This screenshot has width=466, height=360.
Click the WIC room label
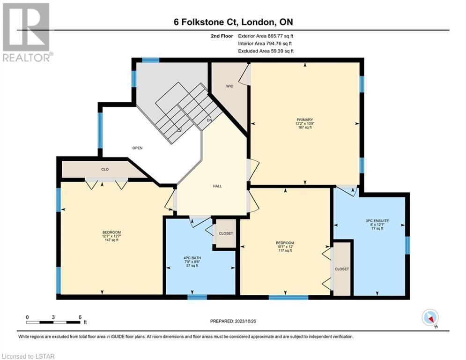[x=229, y=86]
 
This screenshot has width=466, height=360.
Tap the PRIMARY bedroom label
[x=304, y=120]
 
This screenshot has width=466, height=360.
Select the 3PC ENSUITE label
[x=377, y=221]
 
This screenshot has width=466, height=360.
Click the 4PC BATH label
[x=192, y=258]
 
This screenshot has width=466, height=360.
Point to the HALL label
[x=217, y=186]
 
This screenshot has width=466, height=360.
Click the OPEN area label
[x=137, y=148]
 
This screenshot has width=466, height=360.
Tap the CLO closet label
[x=105, y=169]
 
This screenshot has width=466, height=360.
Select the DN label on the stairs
[x=209, y=120]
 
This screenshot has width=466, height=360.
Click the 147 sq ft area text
[x=111, y=240]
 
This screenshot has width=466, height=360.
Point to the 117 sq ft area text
[x=285, y=250]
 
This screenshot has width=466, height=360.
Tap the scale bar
[x=53, y=322]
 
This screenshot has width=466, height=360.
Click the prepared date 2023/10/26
[x=245, y=321]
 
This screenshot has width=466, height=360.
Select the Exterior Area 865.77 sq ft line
[x=266, y=36]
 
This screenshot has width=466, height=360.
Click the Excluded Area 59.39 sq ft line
[x=266, y=51]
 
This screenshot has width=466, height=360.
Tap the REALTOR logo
[x=26, y=32]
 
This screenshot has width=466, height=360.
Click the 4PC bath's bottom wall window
[x=197, y=297]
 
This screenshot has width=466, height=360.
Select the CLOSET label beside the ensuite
[x=342, y=269]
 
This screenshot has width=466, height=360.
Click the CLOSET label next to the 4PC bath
[x=226, y=233]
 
